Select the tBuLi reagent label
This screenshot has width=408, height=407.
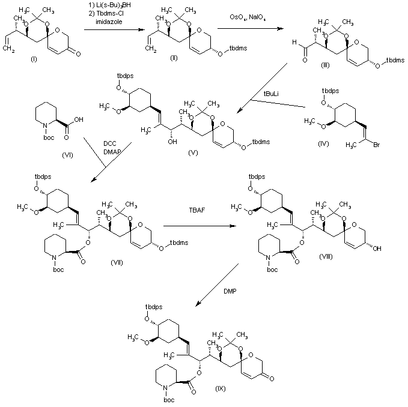tap(275, 94)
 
